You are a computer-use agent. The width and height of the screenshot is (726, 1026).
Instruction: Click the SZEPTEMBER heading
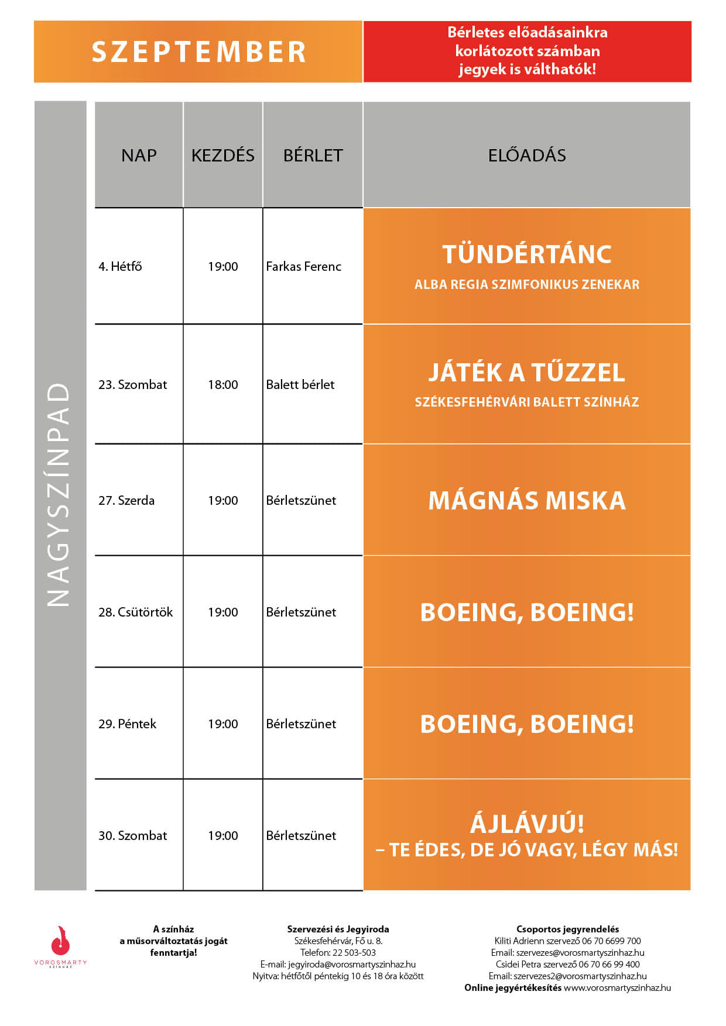point(198,52)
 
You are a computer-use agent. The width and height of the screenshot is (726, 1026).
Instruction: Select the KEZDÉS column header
point(222,156)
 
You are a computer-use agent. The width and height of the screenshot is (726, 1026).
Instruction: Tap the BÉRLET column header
point(313,156)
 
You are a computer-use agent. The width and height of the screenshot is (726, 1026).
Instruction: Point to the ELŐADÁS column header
point(527,156)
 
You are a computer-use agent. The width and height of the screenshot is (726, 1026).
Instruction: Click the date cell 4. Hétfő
point(120,267)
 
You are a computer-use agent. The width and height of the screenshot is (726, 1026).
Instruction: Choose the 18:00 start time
point(222,385)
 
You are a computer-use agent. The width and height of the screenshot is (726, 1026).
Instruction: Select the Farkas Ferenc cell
point(303,267)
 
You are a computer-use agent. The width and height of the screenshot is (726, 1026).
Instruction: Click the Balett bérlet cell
point(300,385)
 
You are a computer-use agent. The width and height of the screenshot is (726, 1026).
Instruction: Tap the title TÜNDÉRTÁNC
point(527,254)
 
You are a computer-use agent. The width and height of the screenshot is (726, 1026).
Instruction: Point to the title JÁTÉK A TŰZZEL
point(527,373)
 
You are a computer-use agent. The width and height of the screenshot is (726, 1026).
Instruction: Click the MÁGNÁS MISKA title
point(527,501)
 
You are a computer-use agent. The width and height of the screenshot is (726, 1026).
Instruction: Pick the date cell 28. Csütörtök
point(135,612)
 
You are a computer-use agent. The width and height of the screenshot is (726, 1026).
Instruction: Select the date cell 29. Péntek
point(127,724)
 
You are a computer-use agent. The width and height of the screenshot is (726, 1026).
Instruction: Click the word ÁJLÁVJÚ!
point(527,824)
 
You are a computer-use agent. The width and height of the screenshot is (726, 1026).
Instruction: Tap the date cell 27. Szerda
point(126,501)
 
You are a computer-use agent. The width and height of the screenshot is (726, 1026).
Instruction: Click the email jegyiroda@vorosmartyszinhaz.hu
point(351,964)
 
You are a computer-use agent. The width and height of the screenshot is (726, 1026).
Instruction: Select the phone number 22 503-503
point(354,952)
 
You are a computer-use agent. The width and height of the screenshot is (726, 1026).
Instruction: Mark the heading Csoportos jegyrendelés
point(567,929)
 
